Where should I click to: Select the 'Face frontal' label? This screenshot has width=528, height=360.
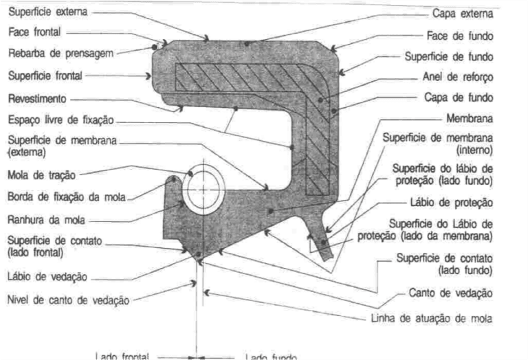34,32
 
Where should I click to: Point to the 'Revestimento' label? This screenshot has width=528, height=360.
35,99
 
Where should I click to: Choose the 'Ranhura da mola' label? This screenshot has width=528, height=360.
43,222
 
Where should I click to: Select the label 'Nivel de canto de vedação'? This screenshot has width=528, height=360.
67,300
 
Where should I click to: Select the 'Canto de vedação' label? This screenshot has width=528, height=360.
459,293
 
